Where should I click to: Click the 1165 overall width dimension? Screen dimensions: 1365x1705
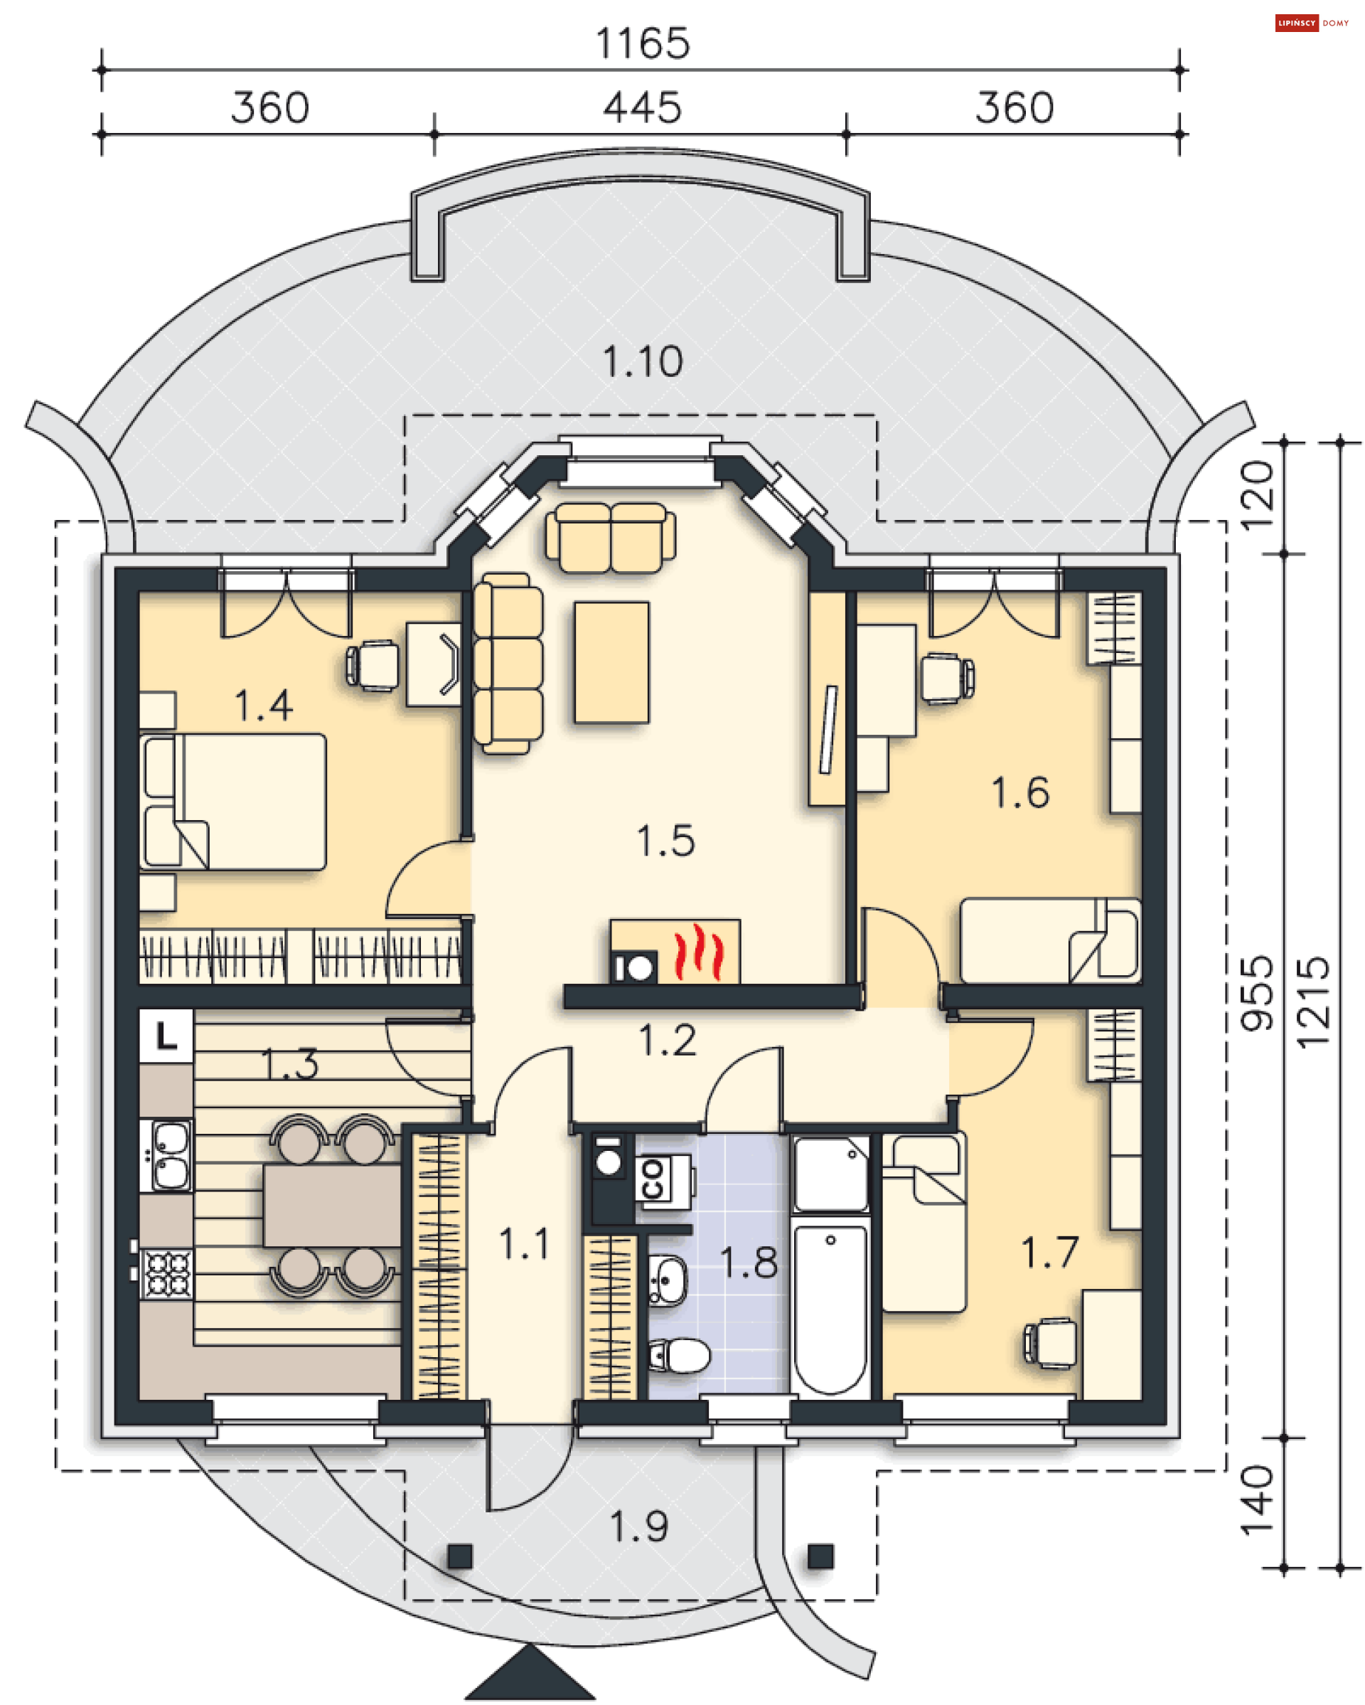pyautogui.click(x=642, y=43)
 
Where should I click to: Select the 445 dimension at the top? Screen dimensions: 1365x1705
pyautogui.click(x=642, y=107)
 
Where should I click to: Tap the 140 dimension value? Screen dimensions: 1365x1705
pyautogui.click(x=1257, y=1500)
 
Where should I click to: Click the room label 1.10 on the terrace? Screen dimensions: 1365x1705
pyautogui.click(x=642, y=362)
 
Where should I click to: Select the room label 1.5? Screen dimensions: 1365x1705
pyautogui.click(x=665, y=841)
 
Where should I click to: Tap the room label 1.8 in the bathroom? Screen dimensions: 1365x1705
pyautogui.click(x=749, y=1263)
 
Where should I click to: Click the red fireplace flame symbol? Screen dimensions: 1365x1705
pyautogui.click(x=698, y=952)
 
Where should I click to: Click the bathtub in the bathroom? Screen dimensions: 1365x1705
pyautogui.click(x=830, y=1310)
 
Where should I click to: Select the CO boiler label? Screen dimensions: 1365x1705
pyautogui.click(x=653, y=1179)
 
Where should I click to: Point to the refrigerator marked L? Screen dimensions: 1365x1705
pyautogui.click(x=166, y=1035)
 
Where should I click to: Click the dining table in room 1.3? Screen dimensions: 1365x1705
pyautogui.click(x=332, y=1207)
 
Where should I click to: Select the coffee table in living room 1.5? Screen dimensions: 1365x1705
pyautogui.click(x=611, y=663)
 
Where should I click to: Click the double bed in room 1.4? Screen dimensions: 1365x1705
pyautogui.click(x=233, y=802)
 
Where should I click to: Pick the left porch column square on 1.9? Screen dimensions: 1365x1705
pyautogui.click(x=460, y=1556)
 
